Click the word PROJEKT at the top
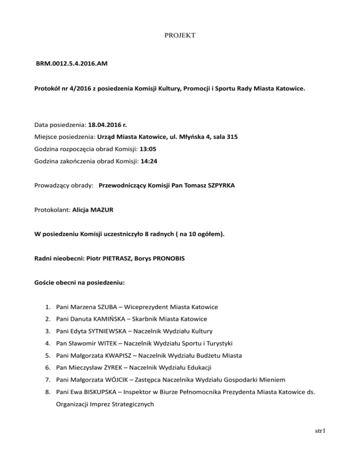click(x=180, y=35)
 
